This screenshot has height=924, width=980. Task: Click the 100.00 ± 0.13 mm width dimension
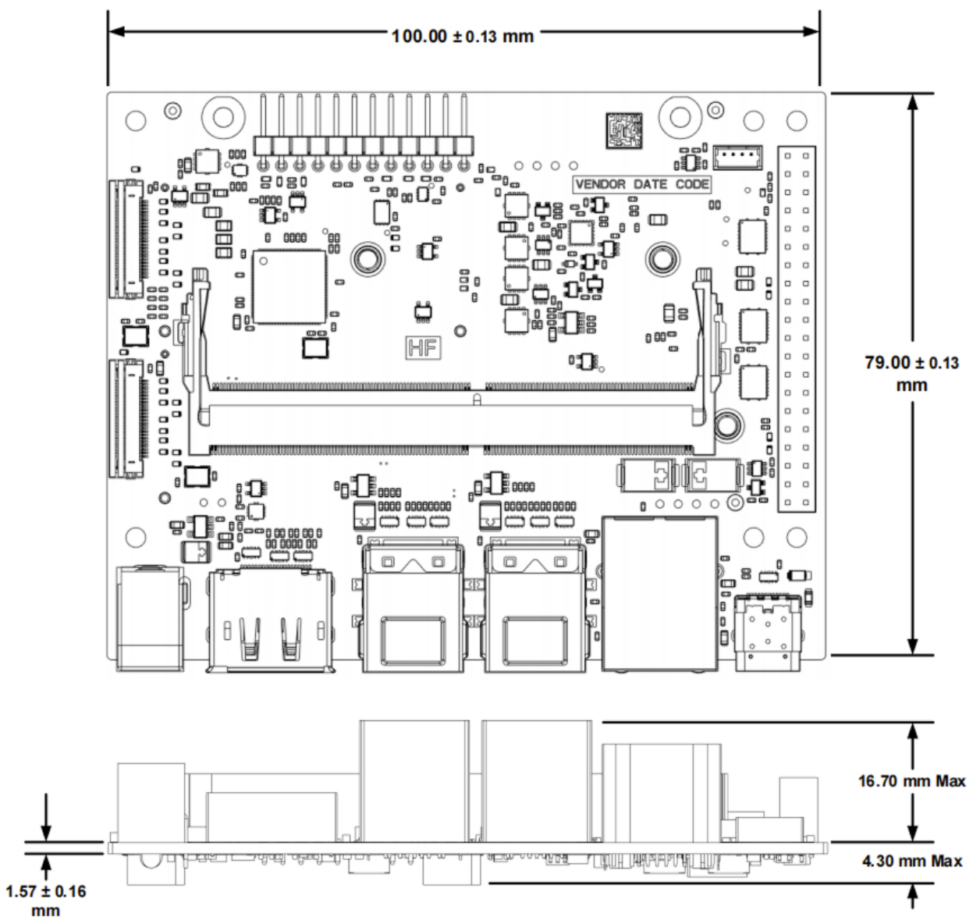point(463,36)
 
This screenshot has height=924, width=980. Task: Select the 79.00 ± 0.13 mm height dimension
point(911,373)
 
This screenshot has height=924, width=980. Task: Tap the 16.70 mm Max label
point(911,780)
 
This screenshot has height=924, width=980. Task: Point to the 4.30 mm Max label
point(911,861)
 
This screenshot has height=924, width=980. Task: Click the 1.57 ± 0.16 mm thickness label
point(46,900)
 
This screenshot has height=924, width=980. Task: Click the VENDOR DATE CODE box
point(642,184)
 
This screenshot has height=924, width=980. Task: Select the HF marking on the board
point(423,348)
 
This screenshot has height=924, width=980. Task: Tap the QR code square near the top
point(624,130)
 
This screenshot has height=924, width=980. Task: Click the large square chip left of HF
point(289,286)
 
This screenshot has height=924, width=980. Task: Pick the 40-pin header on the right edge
point(797,329)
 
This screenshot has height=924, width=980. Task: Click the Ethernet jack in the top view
point(660,593)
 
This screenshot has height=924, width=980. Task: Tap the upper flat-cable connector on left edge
point(127,239)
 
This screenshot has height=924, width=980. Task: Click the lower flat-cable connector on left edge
point(127,418)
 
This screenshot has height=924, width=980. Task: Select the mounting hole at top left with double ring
point(223,117)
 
